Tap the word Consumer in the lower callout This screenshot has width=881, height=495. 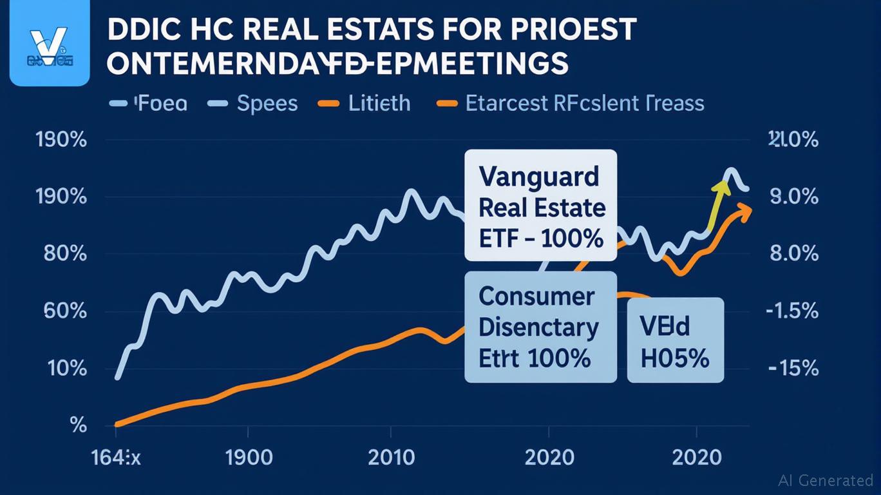536,296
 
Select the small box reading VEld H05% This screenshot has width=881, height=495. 675,340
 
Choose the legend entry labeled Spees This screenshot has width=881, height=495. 267,103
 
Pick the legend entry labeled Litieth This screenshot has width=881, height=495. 379,103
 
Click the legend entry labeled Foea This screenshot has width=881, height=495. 160,103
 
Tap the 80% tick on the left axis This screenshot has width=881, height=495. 65,253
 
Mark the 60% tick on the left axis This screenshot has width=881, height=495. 65,311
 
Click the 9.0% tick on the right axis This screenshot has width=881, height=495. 793,197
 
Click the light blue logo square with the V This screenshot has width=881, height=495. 50,43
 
